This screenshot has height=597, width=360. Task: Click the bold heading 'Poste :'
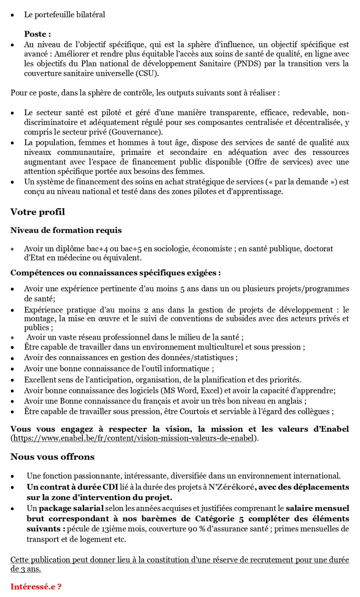tap(37, 34)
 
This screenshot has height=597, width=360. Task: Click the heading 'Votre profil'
tap(38, 212)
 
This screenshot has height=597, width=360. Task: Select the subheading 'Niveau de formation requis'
tap(66, 230)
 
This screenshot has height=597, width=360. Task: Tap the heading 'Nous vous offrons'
tap(52, 457)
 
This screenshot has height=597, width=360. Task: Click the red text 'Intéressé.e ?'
tap(36, 587)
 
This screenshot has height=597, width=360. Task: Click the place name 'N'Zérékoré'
tap(231, 487)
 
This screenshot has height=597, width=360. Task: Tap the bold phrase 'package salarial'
tap(71, 509)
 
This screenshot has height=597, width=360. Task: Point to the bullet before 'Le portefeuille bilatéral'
tap(13, 15)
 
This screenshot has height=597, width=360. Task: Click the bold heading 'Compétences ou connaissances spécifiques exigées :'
tap(116, 273)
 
